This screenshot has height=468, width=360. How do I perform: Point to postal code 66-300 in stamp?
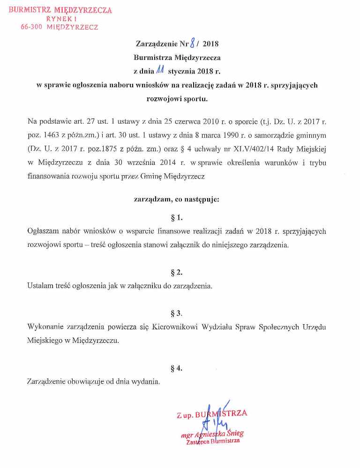point(33,27)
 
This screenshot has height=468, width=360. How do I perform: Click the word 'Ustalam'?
point(41,286)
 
